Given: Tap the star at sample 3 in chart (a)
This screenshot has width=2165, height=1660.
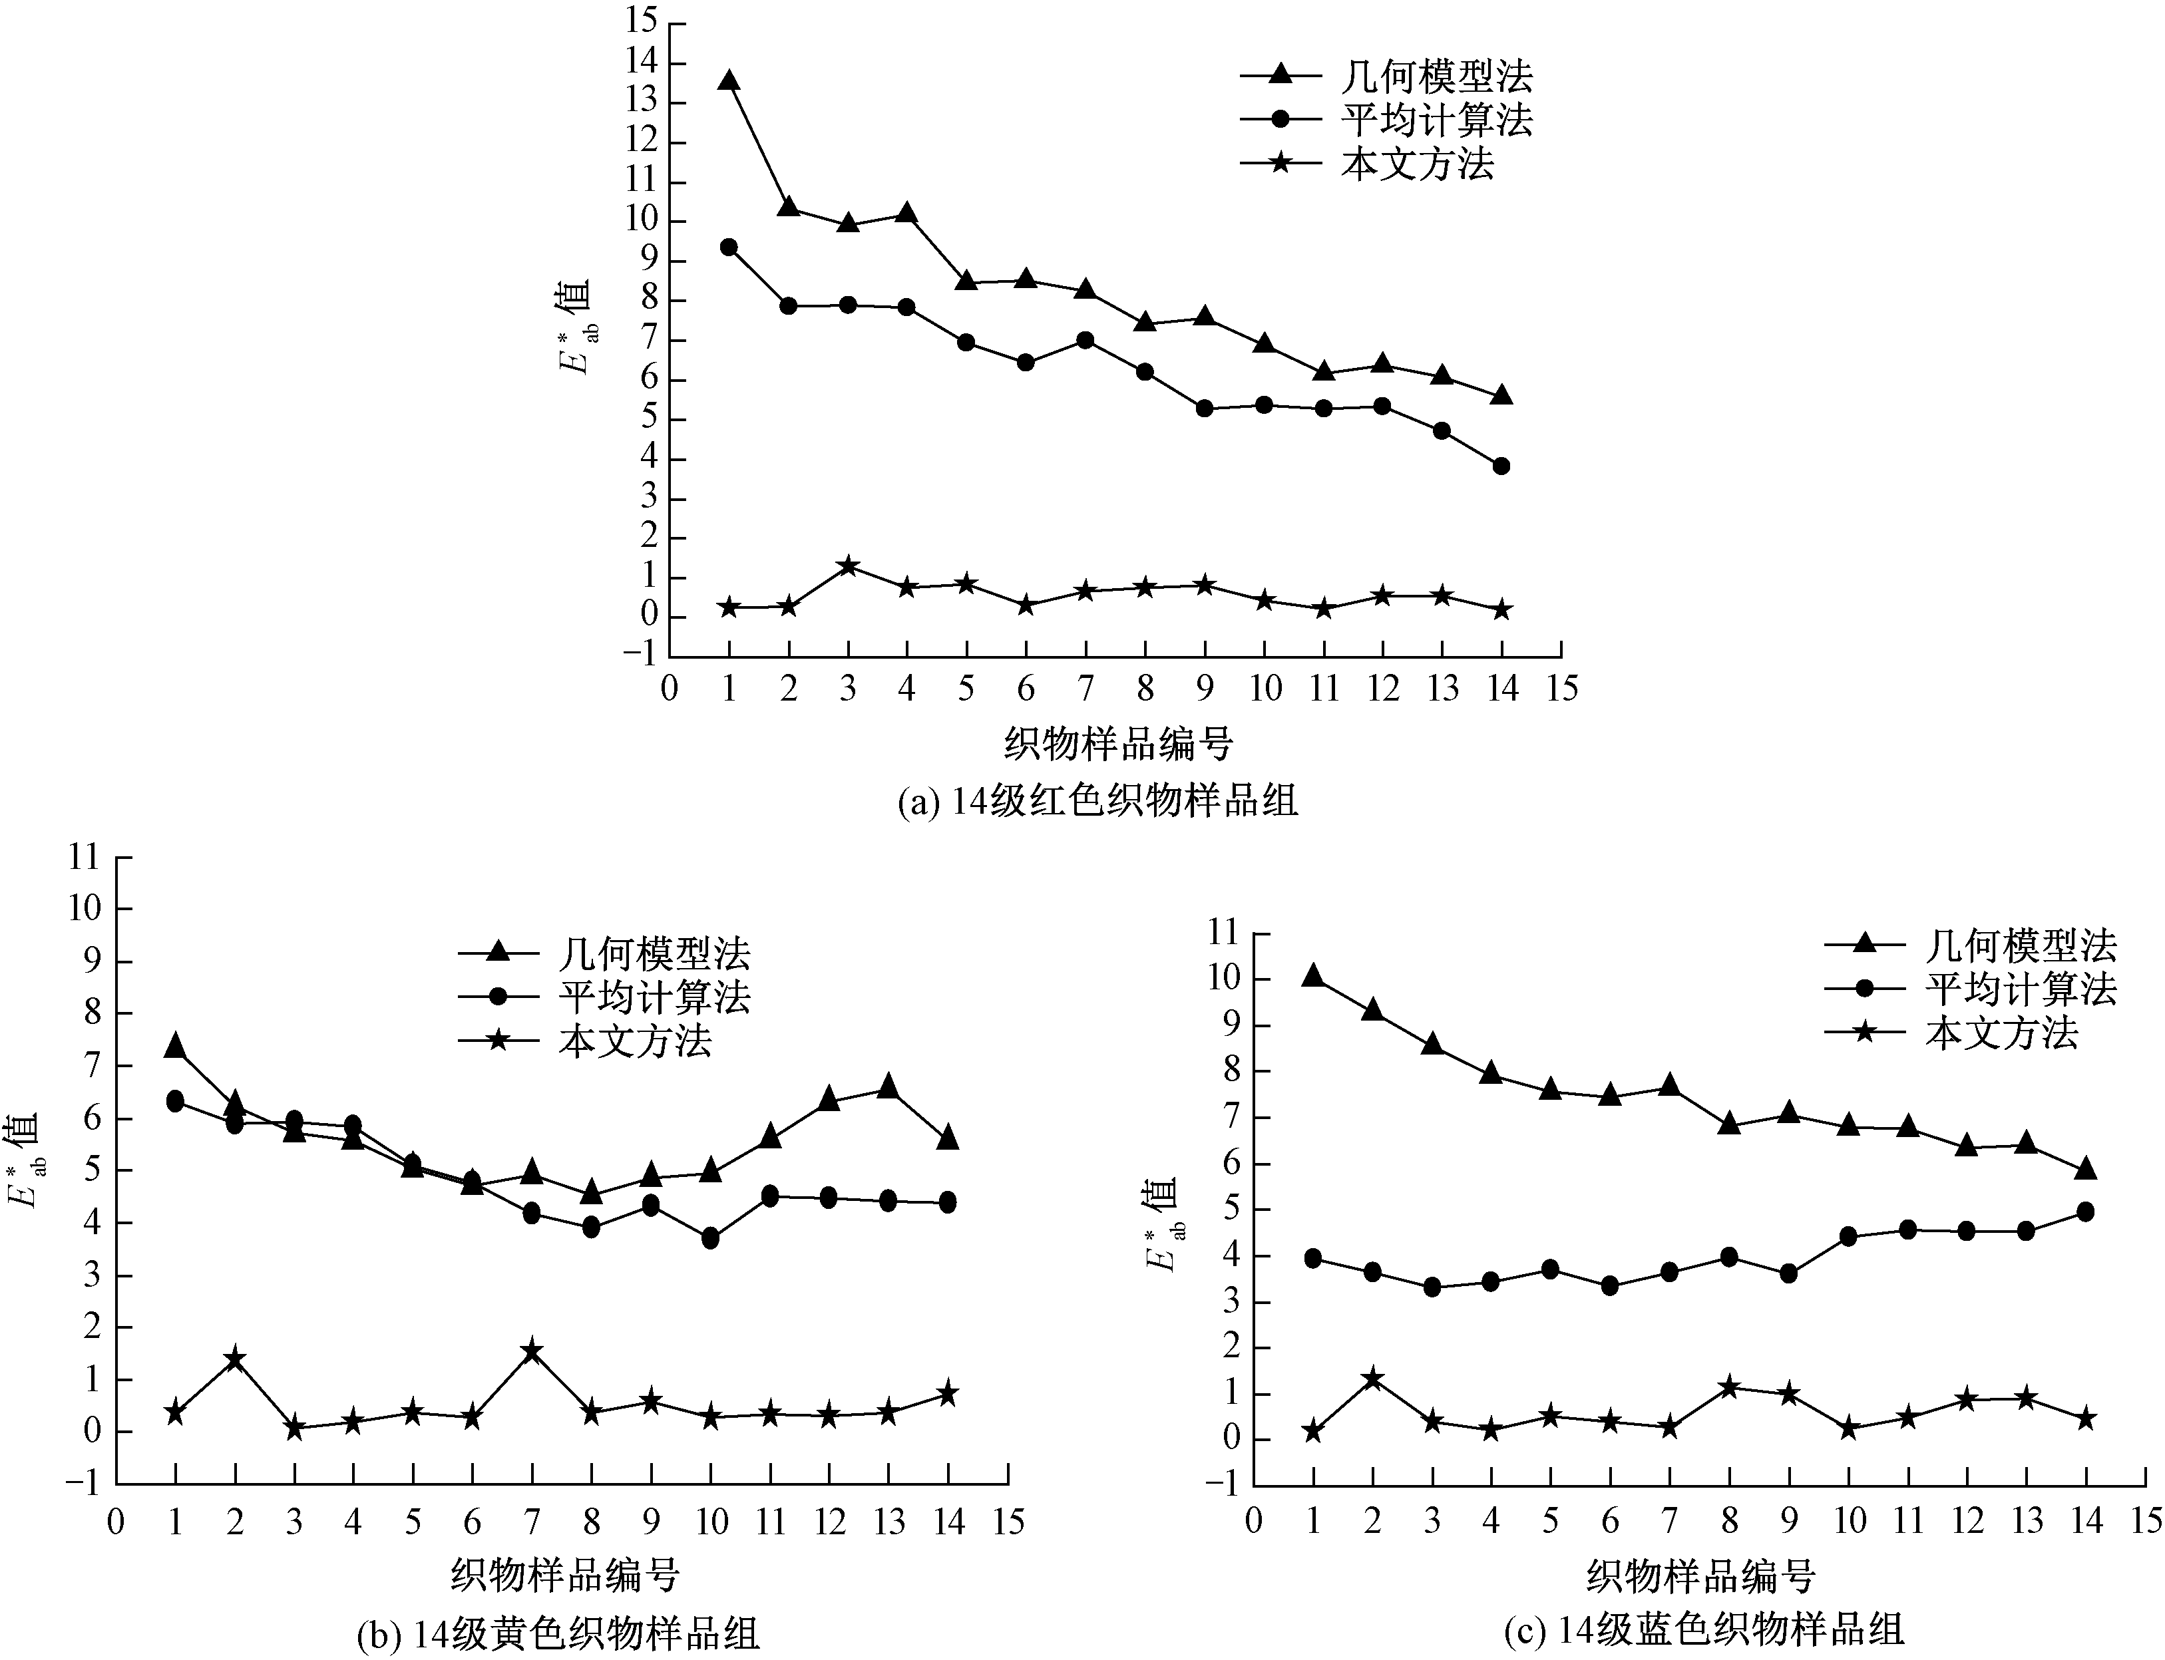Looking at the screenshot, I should click(848, 566).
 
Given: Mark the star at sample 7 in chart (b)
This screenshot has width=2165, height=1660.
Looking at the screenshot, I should click(532, 1350).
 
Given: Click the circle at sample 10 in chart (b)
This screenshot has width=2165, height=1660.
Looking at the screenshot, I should click(711, 1238).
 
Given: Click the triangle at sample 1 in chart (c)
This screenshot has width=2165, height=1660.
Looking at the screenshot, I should click(1313, 976).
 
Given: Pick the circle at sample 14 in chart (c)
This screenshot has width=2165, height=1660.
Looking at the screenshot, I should click(2085, 1212).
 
